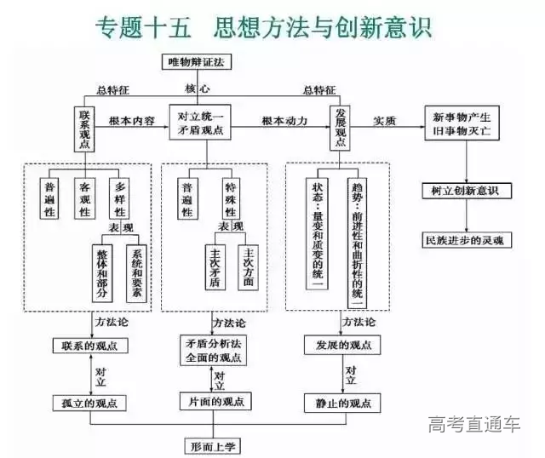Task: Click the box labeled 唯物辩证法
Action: click(197, 61)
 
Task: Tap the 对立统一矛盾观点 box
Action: click(199, 122)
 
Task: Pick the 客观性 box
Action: click(84, 198)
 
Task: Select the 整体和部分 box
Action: click(104, 272)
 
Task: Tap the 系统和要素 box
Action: click(136, 272)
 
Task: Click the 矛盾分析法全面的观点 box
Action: click(213, 351)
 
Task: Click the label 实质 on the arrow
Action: click(385, 121)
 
